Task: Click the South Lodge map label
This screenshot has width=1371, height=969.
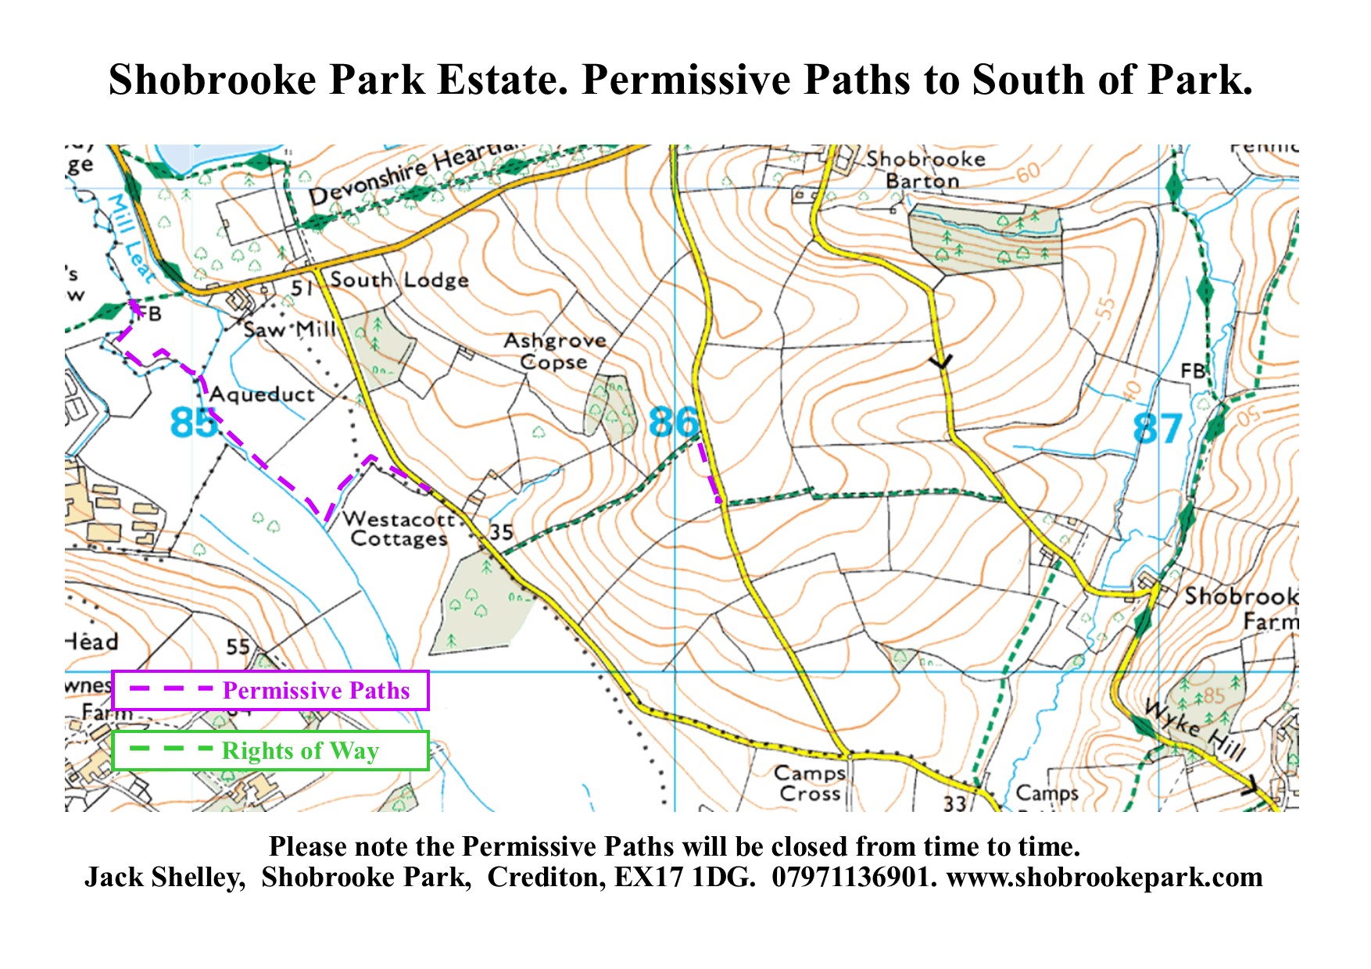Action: [399, 280]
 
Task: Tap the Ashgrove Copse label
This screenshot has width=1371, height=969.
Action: [555, 352]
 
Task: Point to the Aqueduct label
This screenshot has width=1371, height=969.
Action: [262, 395]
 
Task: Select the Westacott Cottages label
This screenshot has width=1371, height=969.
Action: [399, 529]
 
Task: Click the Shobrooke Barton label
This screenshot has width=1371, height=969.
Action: [925, 170]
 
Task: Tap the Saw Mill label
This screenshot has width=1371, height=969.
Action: [288, 330]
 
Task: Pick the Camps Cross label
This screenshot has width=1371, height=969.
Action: [810, 783]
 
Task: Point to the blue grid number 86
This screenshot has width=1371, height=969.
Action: [674, 422]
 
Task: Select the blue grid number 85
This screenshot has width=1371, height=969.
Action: [194, 423]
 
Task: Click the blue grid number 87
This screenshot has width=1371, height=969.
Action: [1158, 429]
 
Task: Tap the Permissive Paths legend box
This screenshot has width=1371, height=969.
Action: [270, 690]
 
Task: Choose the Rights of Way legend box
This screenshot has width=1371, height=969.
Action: [270, 750]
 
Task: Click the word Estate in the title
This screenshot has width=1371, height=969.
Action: [503, 80]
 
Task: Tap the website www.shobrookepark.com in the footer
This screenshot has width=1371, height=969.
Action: [1104, 877]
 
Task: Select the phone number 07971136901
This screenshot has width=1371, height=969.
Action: [853, 877]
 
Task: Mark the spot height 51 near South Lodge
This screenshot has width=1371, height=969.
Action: [302, 288]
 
